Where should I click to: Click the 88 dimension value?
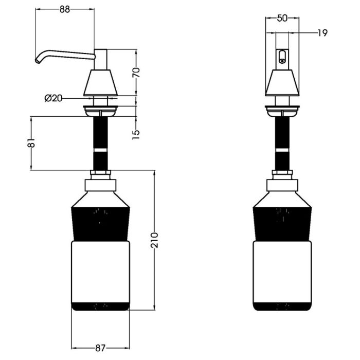coord(64,9)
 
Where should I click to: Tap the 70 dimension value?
coord(136,73)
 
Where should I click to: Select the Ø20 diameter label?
coord(53,99)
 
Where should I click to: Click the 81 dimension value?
coord(31,142)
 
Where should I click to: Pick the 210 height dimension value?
coord(154,240)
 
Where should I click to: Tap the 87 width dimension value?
coord(100,348)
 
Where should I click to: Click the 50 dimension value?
coord(282,18)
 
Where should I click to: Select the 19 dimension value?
coord(322,33)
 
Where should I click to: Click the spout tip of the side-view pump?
coord(37,61)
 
